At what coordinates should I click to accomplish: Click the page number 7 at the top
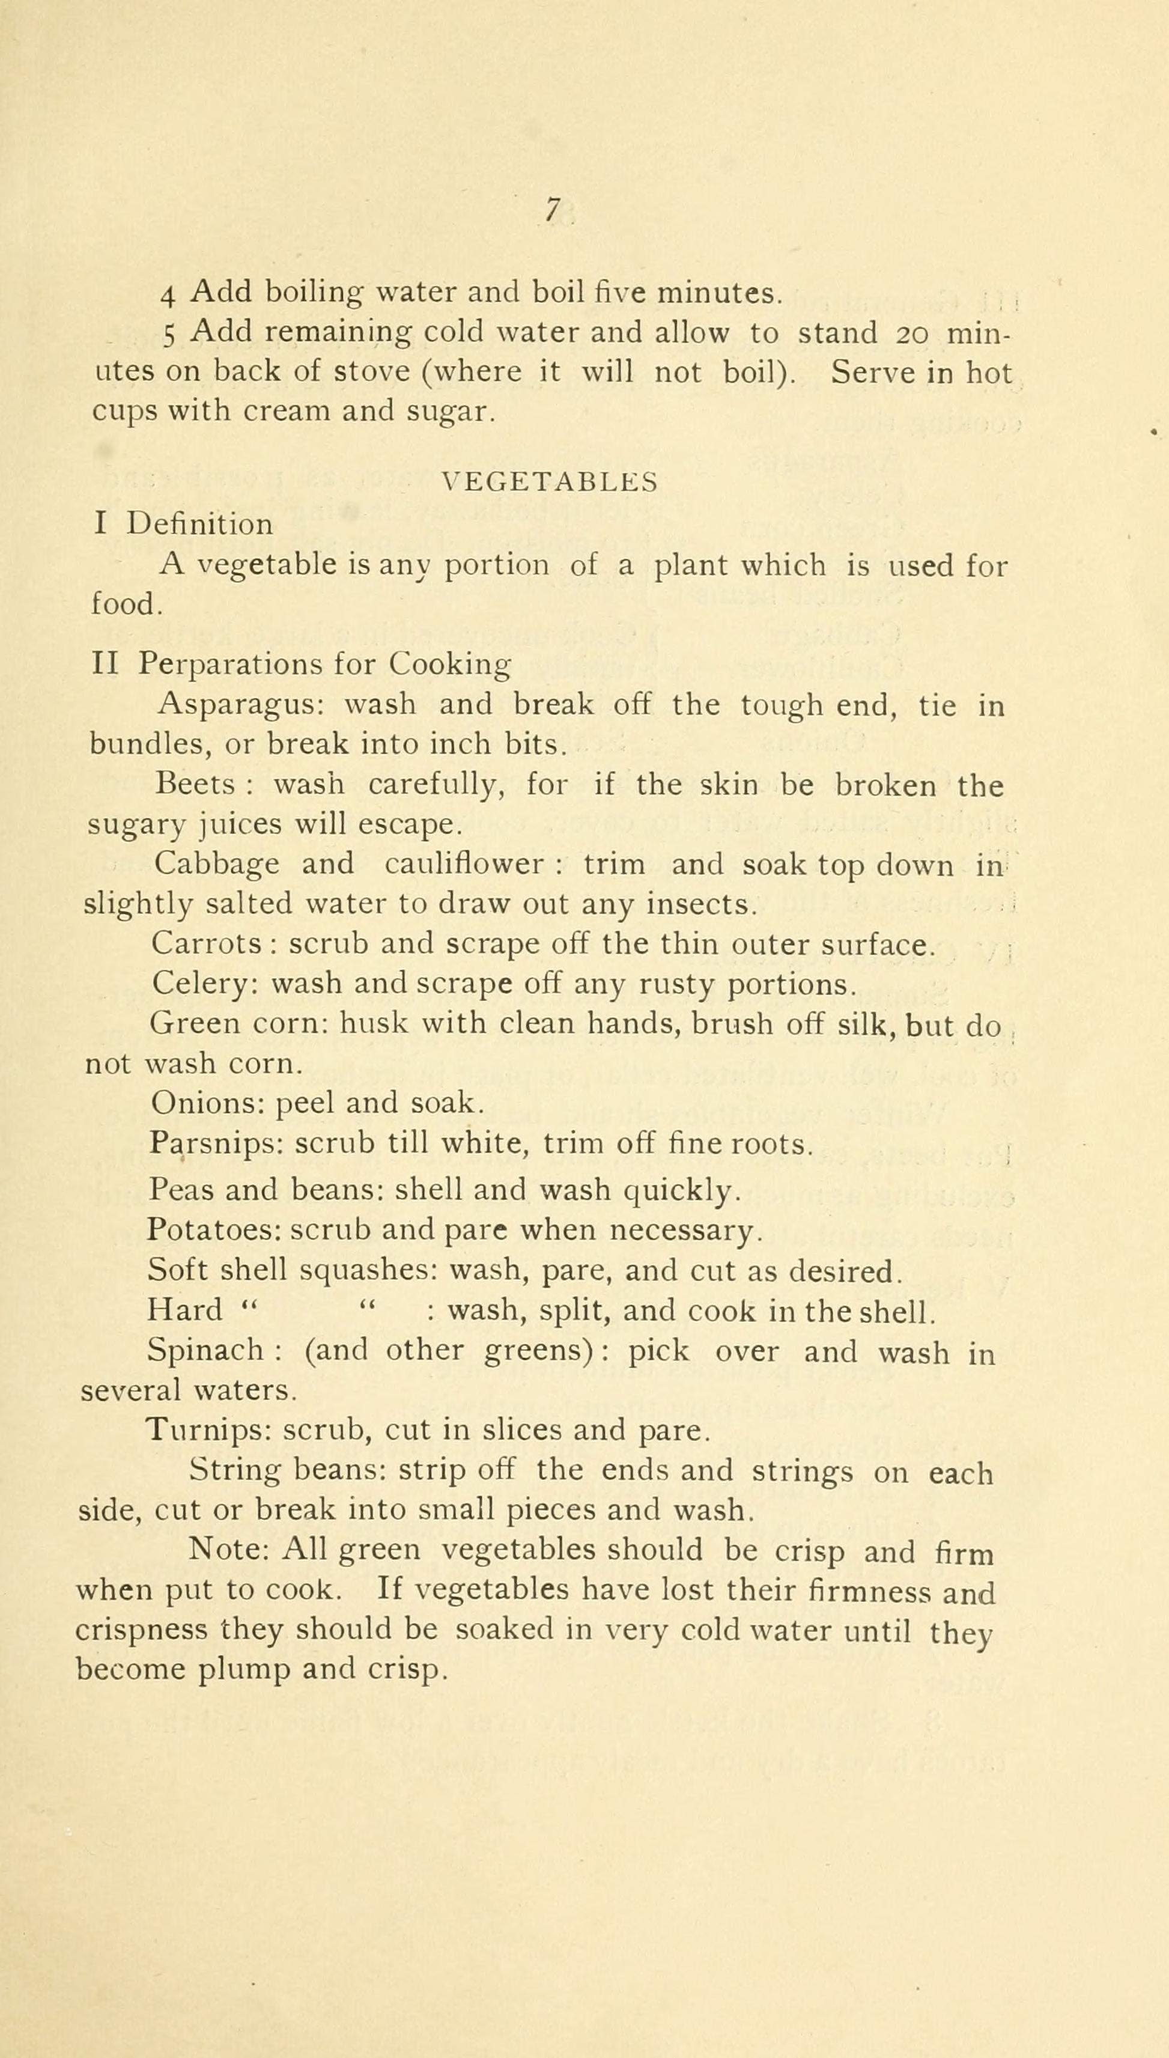click(551, 210)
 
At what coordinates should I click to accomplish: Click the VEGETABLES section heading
click(550, 482)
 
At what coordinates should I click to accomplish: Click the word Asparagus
click(239, 704)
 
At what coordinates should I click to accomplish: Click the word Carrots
click(208, 943)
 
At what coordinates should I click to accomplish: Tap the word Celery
click(201, 984)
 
